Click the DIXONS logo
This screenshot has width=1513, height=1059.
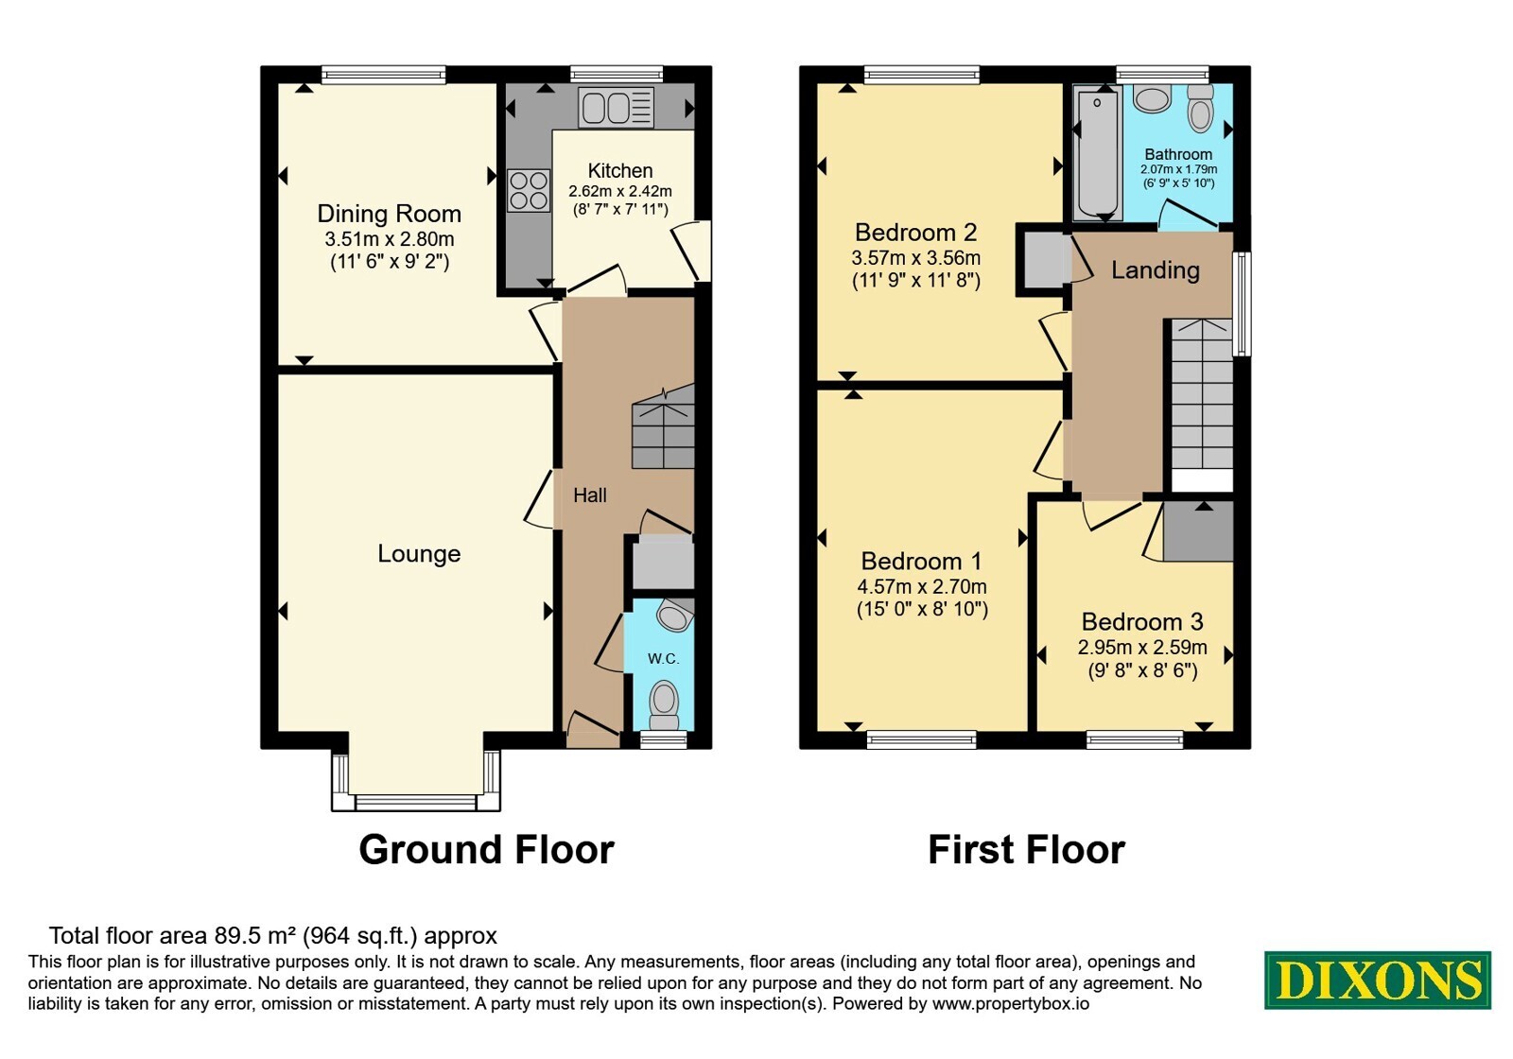pos(1377,980)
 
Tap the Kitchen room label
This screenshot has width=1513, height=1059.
pos(620,170)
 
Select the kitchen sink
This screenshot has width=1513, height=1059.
pos(616,108)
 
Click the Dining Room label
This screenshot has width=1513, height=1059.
pos(389,214)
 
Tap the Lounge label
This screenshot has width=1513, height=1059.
pos(419,554)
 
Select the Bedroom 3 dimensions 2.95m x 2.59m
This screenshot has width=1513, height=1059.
pos(1142,647)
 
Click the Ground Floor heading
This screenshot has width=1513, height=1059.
pos(486,849)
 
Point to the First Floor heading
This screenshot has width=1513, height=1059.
pos(1027,849)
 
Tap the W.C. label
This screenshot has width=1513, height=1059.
pos(663,658)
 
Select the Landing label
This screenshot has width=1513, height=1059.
pos(1156,270)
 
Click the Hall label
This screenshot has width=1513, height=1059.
pos(590,495)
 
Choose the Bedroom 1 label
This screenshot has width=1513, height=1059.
pos(921,561)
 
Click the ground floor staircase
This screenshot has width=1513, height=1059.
pos(663,426)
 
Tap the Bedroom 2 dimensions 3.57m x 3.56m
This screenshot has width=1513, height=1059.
pos(916,257)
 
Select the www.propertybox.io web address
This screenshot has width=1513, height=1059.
pos(1011,1003)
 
